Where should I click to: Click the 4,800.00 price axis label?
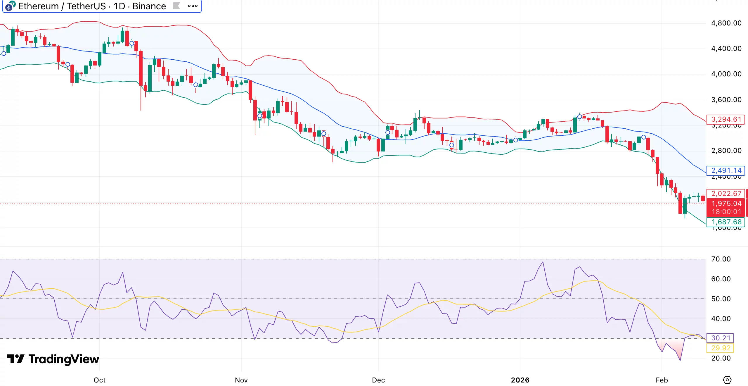point(726,23)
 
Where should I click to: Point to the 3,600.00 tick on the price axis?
point(726,100)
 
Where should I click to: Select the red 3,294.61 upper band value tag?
point(726,119)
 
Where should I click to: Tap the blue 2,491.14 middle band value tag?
point(726,170)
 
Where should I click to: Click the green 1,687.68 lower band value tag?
point(726,222)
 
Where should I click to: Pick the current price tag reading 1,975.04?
point(726,203)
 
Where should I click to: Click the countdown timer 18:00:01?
point(726,212)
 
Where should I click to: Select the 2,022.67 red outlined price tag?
point(726,194)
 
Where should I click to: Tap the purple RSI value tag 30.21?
point(721,338)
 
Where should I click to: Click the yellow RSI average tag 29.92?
point(721,348)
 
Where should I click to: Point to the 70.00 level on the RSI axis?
point(721,259)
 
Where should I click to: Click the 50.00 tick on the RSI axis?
point(721,299)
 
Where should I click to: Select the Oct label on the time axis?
point(99,380)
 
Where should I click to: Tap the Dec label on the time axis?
point(378,380)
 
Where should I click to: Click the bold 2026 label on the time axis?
point(520,380)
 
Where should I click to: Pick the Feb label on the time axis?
point(662,380)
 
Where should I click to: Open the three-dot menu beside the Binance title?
point(193,6)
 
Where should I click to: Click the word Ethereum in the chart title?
point(38,6)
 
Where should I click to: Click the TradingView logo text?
point(64,359)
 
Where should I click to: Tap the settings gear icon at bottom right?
point(727,380)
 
